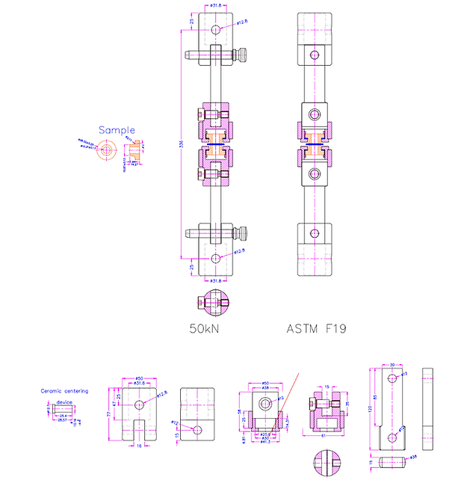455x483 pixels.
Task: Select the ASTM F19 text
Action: tap(317, 328)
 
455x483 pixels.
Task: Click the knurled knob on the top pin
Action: tap(243, 55)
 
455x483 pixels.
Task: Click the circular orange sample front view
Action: tap(107, 150)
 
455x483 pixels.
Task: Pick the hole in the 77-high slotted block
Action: tap(138, 404)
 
